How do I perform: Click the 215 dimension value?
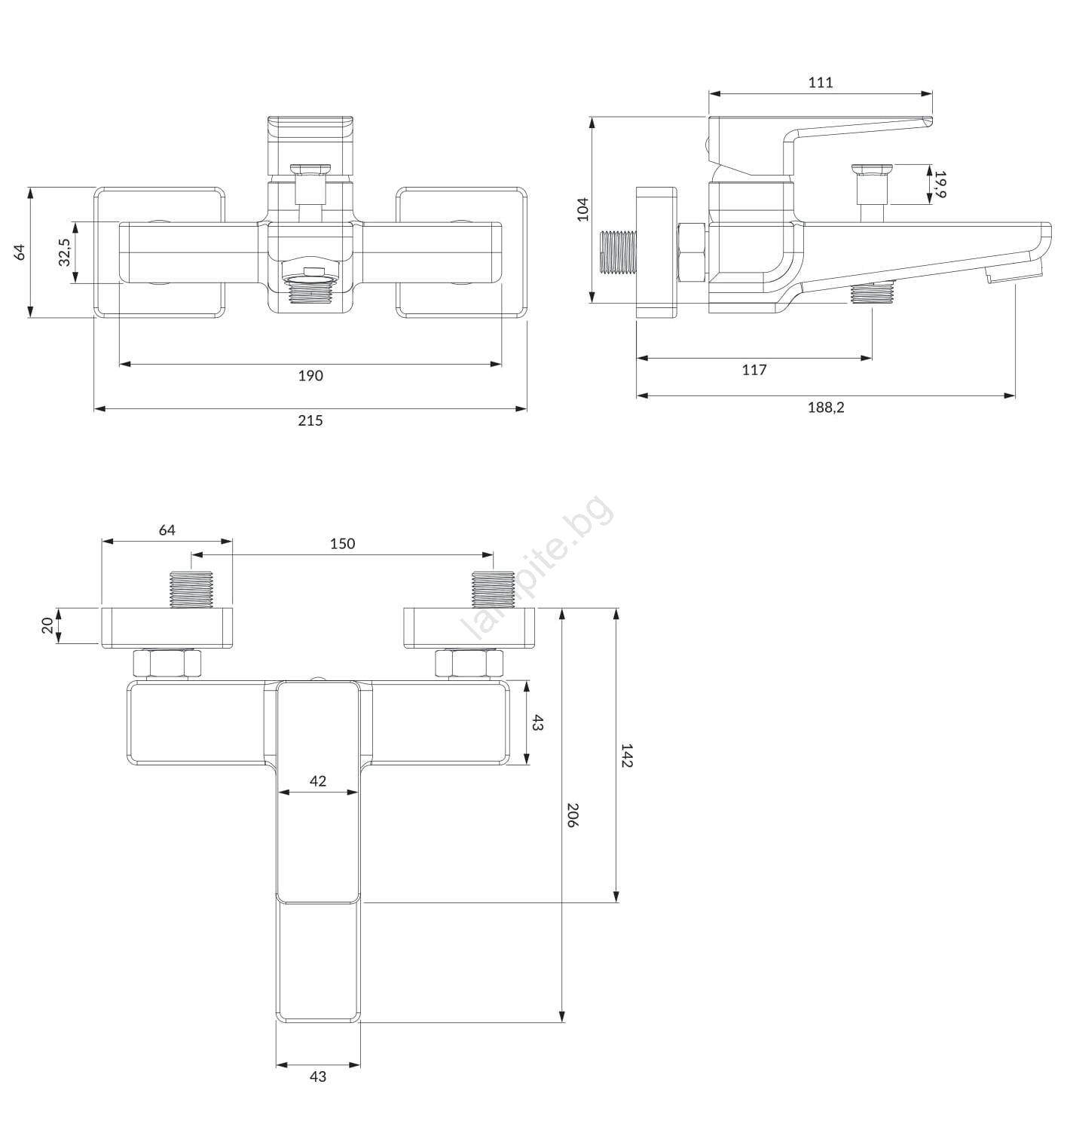pyautogui.click(x=310, y=420)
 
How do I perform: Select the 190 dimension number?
pyautogui.click(x=310, y=375)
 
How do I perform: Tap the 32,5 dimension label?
pyautogui.click(x=64, y=252)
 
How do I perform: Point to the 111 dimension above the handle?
pyautogui.click(x=821, y=82)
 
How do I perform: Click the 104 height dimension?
pyautogui.click(x=582, y=209)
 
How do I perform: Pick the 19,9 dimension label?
pyautogui.click(x=940, y=184)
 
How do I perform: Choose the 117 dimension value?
pyautogui.click(x=754, y=370)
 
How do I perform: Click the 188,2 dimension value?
pyautogui.click(x=825, y=408)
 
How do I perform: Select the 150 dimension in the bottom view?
pyautogui.click(x=342, y=543)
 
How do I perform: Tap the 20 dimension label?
pyautogui.click(x=47, y=625)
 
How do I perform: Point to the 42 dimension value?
pyautogui.click(x=317, y=781)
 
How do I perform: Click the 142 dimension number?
pyautogui.click(x=627, y=756)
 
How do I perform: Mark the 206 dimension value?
pyautogui.click(x=572, y=815)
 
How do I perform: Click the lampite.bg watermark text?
pyautogui.click(x=537, y=567)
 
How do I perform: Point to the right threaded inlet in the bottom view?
pyautogui.click(x=492, y=589)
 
